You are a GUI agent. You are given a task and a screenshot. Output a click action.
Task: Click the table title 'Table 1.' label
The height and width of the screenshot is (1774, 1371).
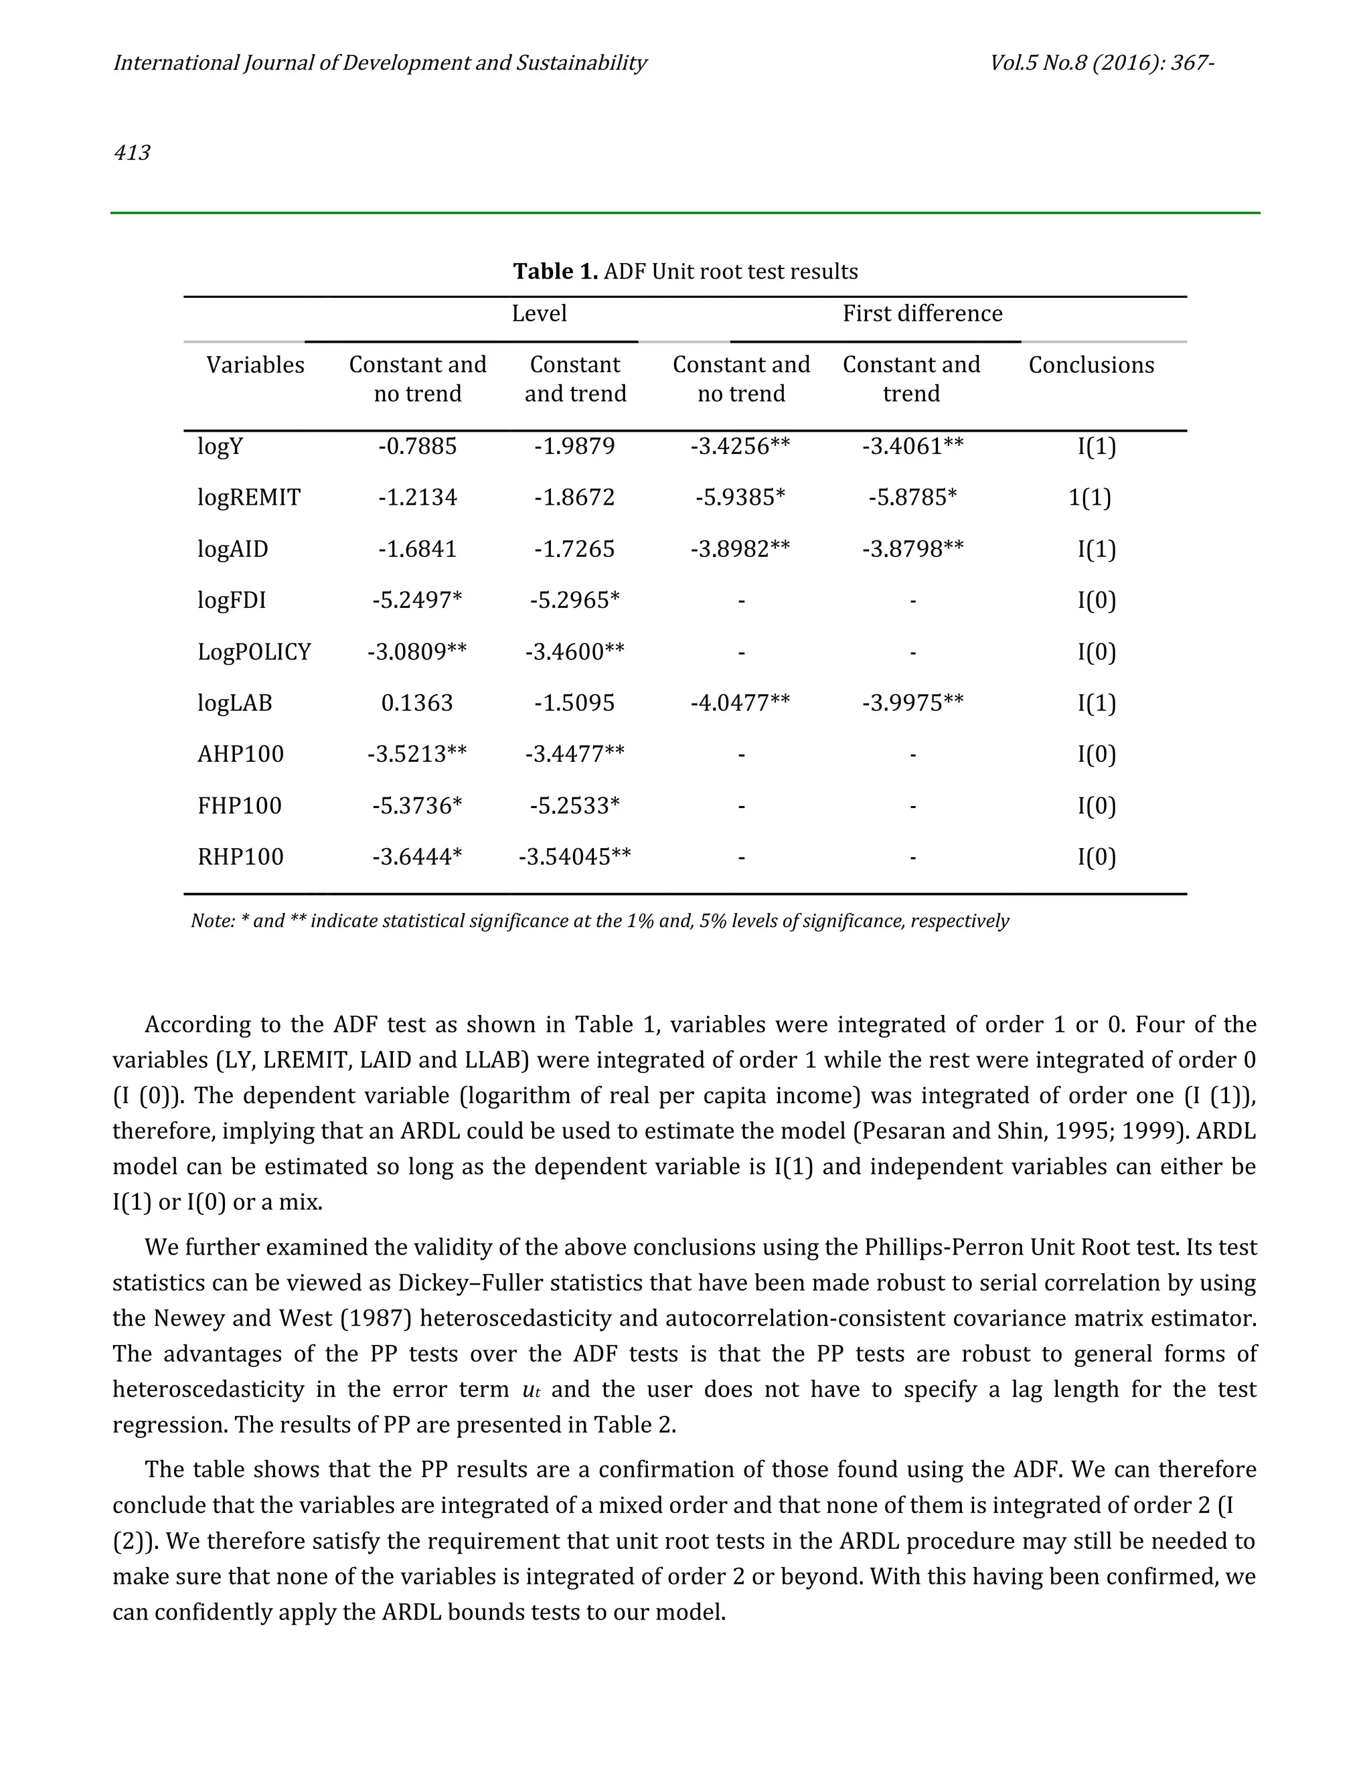click(555, 271)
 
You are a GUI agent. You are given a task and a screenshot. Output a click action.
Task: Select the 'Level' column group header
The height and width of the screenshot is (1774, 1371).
click(538, 313)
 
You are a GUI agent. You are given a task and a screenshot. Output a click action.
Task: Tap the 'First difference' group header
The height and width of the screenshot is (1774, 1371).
click(922, 313)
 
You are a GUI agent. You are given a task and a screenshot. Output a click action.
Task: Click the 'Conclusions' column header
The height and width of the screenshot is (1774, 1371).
click(1091, 365)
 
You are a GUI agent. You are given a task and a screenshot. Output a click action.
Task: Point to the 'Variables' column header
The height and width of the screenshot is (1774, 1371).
click(255, 365)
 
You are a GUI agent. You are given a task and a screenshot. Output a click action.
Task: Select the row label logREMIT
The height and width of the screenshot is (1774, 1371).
click(248, 497)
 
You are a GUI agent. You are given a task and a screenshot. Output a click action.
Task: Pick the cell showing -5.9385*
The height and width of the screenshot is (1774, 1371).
click(740, 497)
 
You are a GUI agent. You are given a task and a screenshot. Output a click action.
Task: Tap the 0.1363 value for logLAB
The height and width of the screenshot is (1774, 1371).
click(416, 703)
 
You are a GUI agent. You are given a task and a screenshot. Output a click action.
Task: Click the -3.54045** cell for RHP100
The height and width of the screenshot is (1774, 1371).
click(574, 857)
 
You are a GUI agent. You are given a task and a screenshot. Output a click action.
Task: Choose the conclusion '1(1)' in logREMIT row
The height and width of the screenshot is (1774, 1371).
click(1089, 497)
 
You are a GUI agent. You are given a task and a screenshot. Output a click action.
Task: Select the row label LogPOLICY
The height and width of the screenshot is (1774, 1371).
click(254, 651)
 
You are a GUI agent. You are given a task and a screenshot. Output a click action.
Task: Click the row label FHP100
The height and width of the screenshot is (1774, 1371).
click(240, 806)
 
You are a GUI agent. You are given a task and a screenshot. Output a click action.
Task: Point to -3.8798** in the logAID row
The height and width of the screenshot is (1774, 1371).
click(912, 549)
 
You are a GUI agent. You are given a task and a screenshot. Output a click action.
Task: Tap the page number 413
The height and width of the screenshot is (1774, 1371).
click(132, 153)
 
